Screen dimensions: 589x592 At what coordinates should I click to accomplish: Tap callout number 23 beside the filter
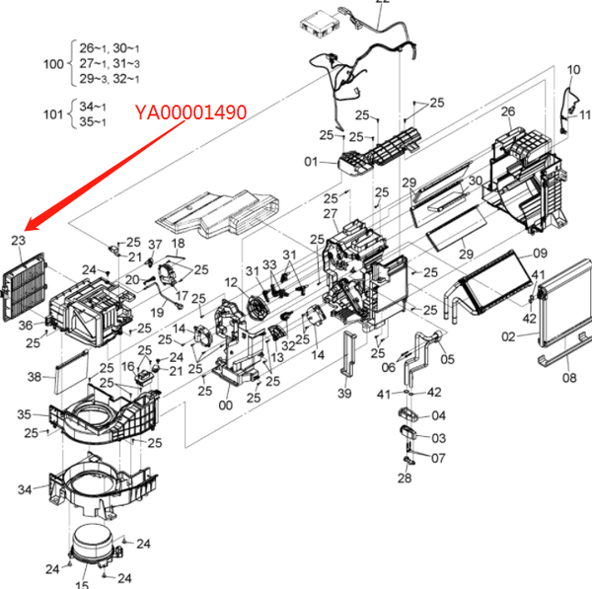(19, 240)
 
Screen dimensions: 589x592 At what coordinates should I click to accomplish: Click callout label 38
(34, 377)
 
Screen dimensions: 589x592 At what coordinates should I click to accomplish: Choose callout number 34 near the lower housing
(26, 488)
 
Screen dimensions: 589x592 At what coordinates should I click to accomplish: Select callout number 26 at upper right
(508, 111)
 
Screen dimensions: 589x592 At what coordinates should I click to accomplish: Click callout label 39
(343, 394)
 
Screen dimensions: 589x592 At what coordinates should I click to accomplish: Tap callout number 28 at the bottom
(405, 479)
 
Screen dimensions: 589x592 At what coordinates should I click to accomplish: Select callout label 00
(226, 404)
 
